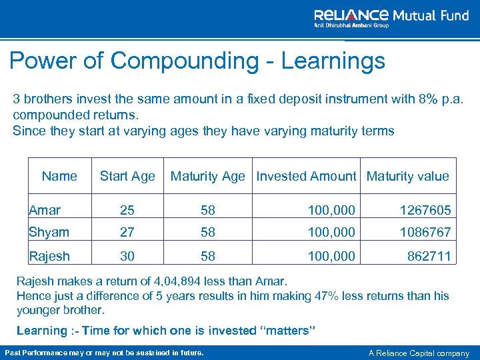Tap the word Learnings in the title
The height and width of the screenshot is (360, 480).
tap(333, 61)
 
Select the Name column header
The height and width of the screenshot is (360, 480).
tap(59, 176)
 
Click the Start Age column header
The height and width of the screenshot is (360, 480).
tap(127, 176)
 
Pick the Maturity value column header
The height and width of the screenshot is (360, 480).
tap(407, 176)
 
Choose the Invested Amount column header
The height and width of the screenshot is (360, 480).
tap(306, 176)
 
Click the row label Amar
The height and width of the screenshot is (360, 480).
tap(45, 210)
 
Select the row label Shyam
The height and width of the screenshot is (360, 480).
tap(49, 232)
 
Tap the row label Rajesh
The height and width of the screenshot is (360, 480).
tap(49, 255)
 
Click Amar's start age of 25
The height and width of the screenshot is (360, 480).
tap(127, 210)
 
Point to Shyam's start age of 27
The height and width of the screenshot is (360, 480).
tap(127, 232)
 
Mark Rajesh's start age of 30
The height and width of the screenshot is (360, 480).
tap(127, 255)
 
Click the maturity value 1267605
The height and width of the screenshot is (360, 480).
tap(425, 210)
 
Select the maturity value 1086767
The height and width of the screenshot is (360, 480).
tap(425, 232)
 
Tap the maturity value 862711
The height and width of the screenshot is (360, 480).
tap(428, 255)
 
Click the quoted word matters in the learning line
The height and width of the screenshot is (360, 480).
tap(290, 331)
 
